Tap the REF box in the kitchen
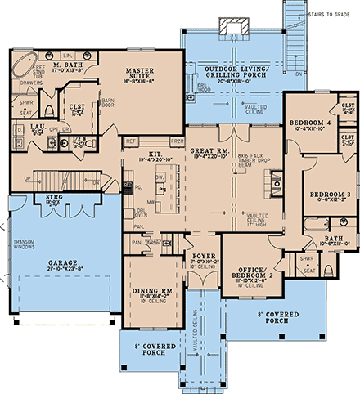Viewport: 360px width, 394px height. click(x=131, y=141)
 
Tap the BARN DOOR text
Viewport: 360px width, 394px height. click(x=106, y=107)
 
